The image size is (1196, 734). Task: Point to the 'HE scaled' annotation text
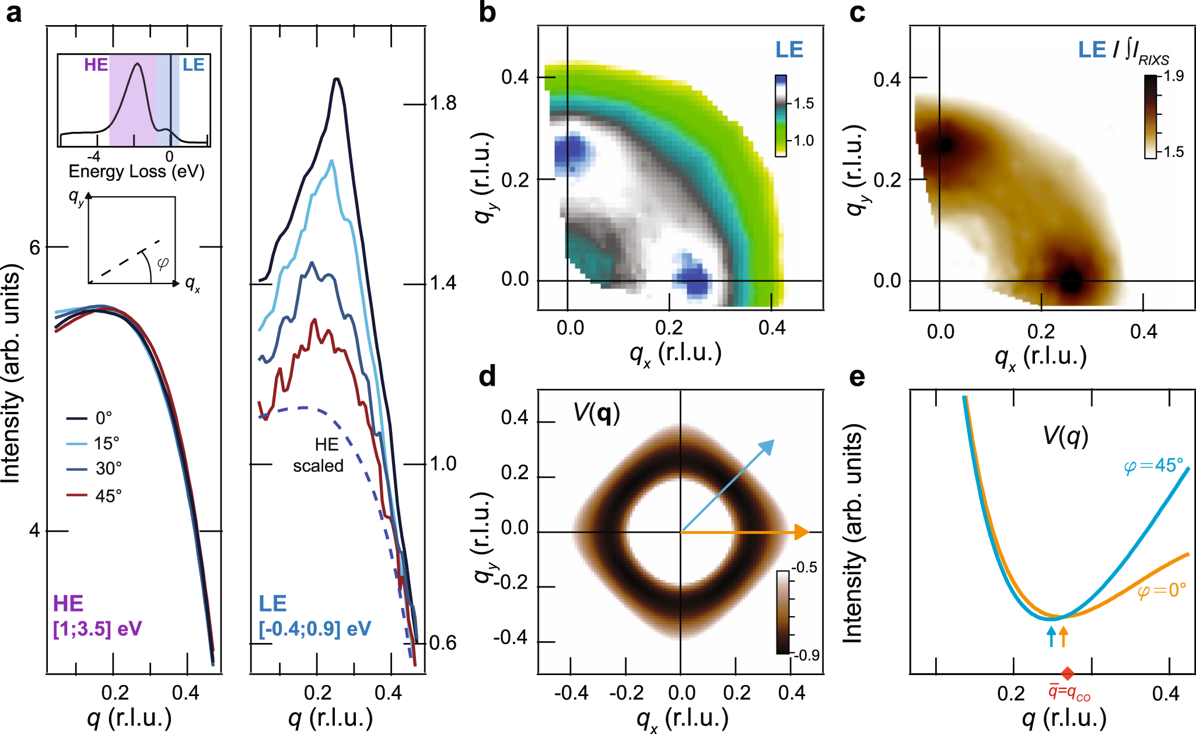pyautogui.click(x=319, y=455)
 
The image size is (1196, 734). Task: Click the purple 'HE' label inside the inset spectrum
pyautogui.click(x=96, y=65)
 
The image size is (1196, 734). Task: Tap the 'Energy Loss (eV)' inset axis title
pyautogui.click(x=137, y=172)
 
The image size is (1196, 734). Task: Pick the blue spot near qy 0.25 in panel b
pyautogui.click(x=570, y=151)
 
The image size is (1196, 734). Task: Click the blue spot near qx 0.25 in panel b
pyautogui.click(x=694, y=280)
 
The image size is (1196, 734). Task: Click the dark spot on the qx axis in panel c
pyautogui.click(x=1070, y=281)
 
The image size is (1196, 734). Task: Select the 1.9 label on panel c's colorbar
pyautogui.click(x=1173, y=76)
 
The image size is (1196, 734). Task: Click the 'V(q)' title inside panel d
pyautogui.click(x=596, y=413)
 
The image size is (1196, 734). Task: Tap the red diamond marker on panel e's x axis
pyautogui.click(x=1067, y=673)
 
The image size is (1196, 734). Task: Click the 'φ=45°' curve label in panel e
pyautogui.click(x=1153, y=466)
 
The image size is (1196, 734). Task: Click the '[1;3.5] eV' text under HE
pyautogui.click(x=97, y=629)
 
